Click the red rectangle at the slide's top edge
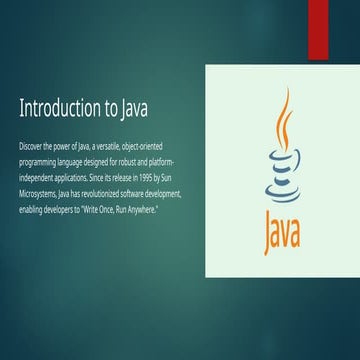pos(318,27)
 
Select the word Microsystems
pos(39,185)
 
